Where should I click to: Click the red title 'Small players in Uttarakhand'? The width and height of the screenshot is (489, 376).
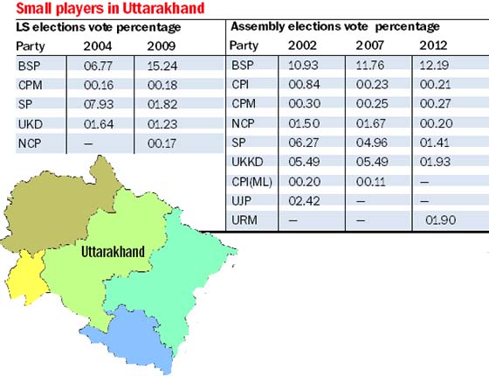coord(110,9)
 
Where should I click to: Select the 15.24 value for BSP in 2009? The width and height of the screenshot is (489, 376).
coord(162,66)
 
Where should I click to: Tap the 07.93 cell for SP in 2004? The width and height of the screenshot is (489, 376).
coord(99,104)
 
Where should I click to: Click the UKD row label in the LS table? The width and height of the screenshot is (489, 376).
coord(31,124)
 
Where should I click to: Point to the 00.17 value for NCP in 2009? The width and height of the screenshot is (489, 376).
coord(162,143)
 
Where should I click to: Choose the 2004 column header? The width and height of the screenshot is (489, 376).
coord(98,46)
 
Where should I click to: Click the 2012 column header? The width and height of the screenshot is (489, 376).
coord(433,45)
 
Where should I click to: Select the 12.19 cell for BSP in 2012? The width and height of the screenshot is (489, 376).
coord(434,66)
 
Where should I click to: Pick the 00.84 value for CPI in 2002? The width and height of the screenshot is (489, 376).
coord(304,84)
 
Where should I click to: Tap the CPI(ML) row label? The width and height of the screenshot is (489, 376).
coord(251,182)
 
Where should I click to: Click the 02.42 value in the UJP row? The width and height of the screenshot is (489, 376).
coord(304,201)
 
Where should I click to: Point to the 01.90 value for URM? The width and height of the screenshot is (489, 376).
coord(441,220)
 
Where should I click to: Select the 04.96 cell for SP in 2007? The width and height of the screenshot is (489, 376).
coord(372,143)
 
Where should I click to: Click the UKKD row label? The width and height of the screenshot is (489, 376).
coord(247,162)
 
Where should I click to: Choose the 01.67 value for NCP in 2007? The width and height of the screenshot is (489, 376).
coord(372,123)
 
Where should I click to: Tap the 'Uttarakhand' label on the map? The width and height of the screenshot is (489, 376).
coord(113,252)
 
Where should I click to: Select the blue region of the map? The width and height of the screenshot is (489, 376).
coord(131,338)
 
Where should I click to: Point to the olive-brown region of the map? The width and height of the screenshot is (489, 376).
coord(53,206)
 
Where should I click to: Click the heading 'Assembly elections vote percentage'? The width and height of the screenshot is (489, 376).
coord(335,26)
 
